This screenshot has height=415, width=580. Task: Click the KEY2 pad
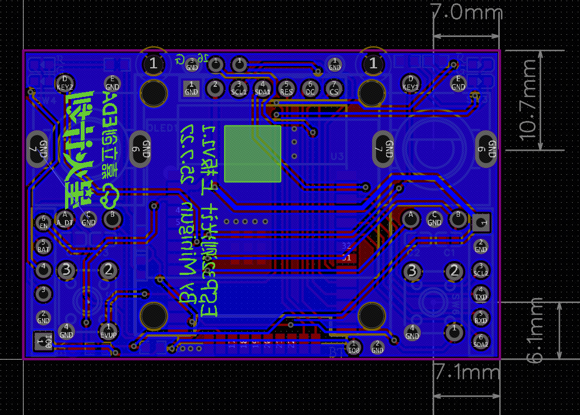(65, 83)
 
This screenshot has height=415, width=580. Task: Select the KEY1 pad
(411, 83)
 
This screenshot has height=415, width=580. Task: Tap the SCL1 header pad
(239, 87)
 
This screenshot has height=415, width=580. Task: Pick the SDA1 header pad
(263, 87)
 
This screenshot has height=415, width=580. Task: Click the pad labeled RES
(286, 87)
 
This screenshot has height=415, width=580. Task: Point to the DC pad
(310, 87)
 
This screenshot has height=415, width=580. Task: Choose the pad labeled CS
(334, 87)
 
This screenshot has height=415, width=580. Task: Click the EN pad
(43, 222)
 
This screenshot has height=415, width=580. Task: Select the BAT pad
(43, 245)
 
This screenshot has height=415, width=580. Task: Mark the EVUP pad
(108, 330)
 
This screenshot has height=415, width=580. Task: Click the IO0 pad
(354, 347)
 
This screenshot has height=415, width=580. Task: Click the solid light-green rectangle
(252, 153)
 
